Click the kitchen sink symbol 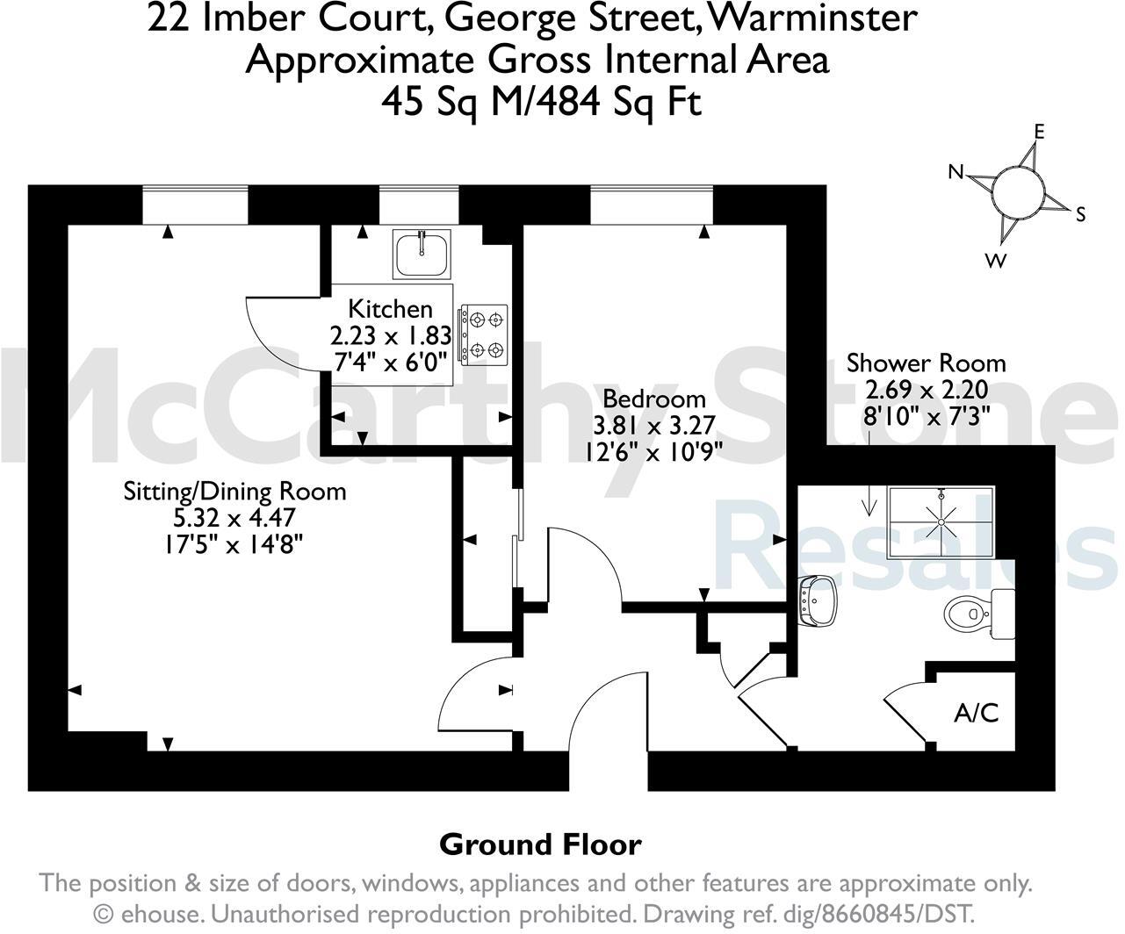pyautogui.click(x=422, y=254)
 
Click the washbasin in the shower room pyautogui.click(x=819, y=601)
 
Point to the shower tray pyautogui.click(x=941, y=522)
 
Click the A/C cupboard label pyautogui.click(x=977, y=713)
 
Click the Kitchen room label pyautogui.click(x=390, y=309)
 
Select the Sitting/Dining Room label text pyautogui.click(x=234, y=491)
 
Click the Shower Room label pyautogui.click(x=926, y=363)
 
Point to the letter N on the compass pyautogui.click(x=957, y=172)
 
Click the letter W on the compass pyautogui.click(x=996, y=261)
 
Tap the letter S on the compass pyautogui.click(x=1081, y=214)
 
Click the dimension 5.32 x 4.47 pyautogui.click(x=234, y=518)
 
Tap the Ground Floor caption pyautogui.click(x=540, y=844)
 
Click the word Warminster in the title pyautogui.click(x=811, y=18)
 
